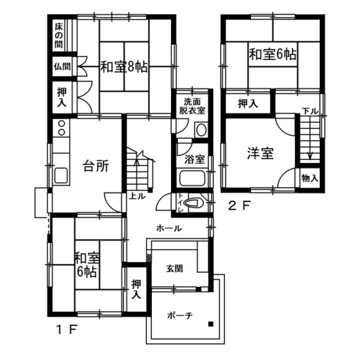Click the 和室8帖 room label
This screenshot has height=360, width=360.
[x=124, y=67]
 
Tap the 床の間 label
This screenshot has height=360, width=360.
[x=58, y=36]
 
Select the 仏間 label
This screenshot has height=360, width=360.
[x=62, y=66]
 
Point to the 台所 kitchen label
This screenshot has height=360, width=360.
[x=96, y=166]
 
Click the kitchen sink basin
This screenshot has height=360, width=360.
[x=61, y=175]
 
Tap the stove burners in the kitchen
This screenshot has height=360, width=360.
[x=61, y=128]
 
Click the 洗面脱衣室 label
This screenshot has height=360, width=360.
[x=192, y=106]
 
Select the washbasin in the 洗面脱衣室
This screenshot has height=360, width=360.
[x=201, y=130]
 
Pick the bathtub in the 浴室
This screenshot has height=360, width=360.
[x=192, y=178]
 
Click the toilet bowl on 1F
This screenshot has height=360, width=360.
[x=192, y=203]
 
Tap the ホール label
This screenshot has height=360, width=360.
[x=169, y=228]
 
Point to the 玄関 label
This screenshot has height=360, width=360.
[x=175, y=268]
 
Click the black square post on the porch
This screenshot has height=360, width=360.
[x=210, y=324]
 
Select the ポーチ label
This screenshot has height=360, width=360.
[x=180, y=316]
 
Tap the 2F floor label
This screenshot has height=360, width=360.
[x=238, y=205]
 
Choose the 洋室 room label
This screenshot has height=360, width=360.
[x=260, y=154]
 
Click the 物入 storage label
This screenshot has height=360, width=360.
[x=310, y=178]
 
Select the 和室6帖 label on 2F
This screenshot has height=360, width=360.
[x=273, y=55]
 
